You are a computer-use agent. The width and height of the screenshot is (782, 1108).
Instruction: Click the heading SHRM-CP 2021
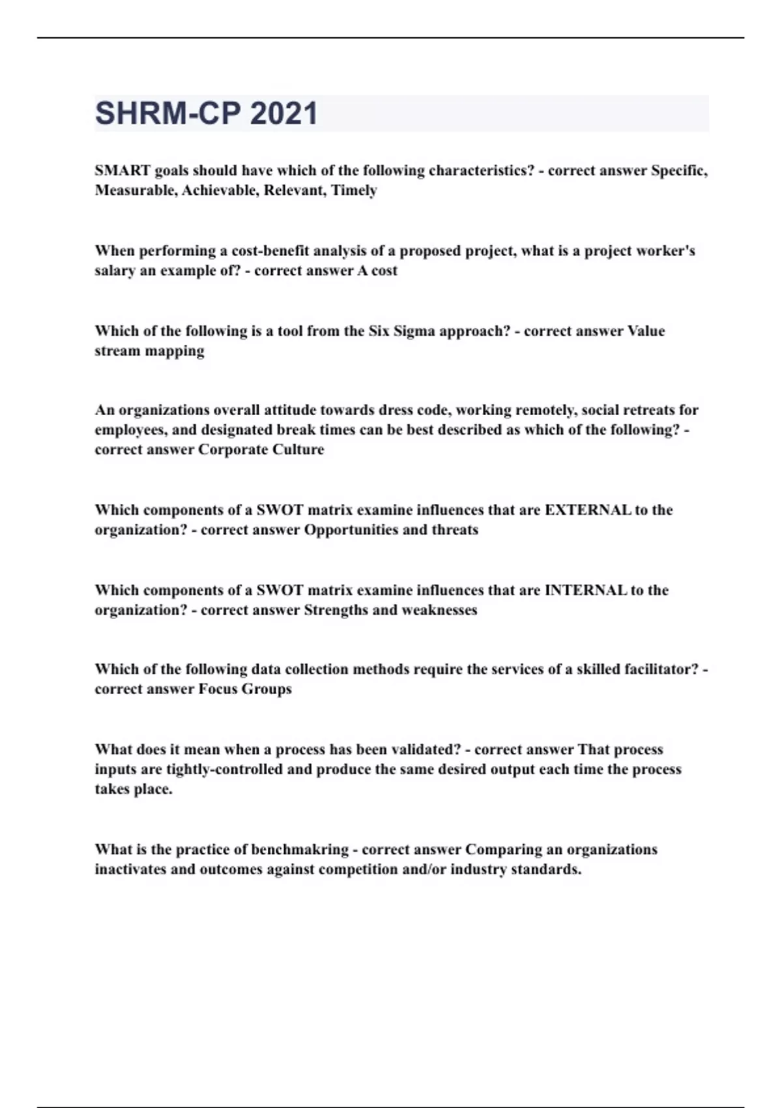[206, 113]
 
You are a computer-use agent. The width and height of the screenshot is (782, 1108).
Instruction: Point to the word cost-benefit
[270, 251]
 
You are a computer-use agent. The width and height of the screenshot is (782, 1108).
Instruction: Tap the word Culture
[299, 450]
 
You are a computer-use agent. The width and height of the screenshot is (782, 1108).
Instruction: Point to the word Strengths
[336, 610]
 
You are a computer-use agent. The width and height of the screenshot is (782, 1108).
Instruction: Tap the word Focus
[218, 689]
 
